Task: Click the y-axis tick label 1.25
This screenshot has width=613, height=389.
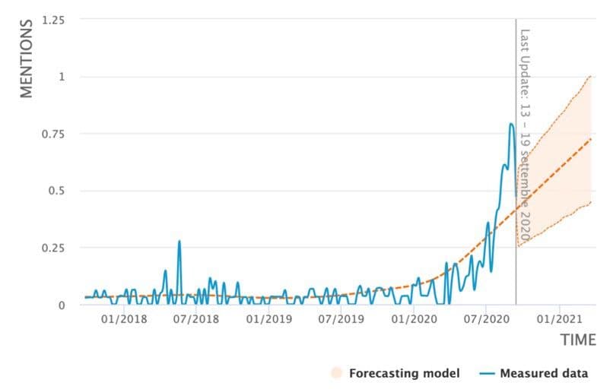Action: coord(53,20)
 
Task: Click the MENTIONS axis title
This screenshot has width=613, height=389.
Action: coord(27,59)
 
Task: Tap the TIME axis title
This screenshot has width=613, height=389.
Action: coord(578,340)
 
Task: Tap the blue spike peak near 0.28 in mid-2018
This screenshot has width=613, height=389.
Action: coord(179,242)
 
